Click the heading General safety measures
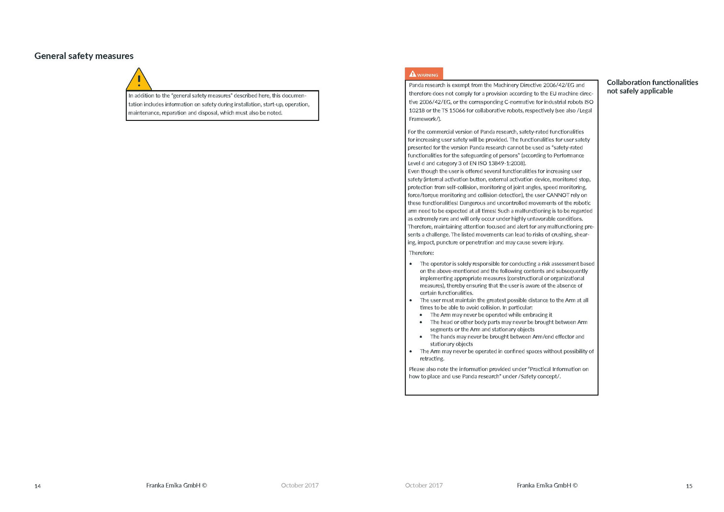coord(84,56)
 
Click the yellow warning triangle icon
coord(139,80)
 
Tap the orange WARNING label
coord(424,74)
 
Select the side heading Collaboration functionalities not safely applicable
coord(652,86)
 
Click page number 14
coord(38,486)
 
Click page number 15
coord(689,486)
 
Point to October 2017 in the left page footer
coord(300,485)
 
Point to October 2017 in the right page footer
coord(424,485)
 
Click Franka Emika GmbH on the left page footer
coord(176,485)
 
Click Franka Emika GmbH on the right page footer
coord(547,485)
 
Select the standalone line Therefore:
coord(421,253)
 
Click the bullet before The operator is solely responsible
coord(411,264)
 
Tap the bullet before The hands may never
coord(421,337)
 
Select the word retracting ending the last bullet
coord(432,359)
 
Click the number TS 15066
coord(453,110)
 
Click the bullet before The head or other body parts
coord(421,322)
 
